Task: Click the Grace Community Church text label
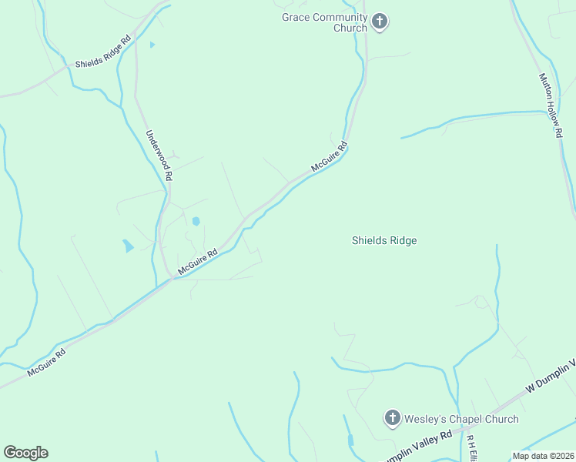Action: pyautogui.click(x=324, y=22)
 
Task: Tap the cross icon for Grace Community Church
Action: pyautogui.click(x=379, y=22)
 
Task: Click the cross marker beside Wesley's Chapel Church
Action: pyautogui.click(x=392, y=418)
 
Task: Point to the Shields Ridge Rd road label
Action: pyautogui.click(x=103, y=52)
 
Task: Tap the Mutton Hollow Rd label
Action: pyautogui.click(x=551, y=105)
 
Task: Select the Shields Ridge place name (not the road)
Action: pyautogui.click(x=384, y=240)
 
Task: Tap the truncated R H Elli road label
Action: pyautogui.click(x=471, y=449)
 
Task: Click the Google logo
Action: pyautogui.click(x=25, y=452)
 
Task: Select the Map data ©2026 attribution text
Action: pyautogui.click(x=543, y=455)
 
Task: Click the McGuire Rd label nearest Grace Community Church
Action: pyautogui.click(x=330, y=156)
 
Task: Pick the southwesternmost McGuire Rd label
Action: pyautogui.click(x=46, y=360)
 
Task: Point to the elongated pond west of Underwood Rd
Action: pyautogui.click(x=127, y=246)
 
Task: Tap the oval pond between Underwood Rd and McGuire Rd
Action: pyautogui.click(x=196, y=221)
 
